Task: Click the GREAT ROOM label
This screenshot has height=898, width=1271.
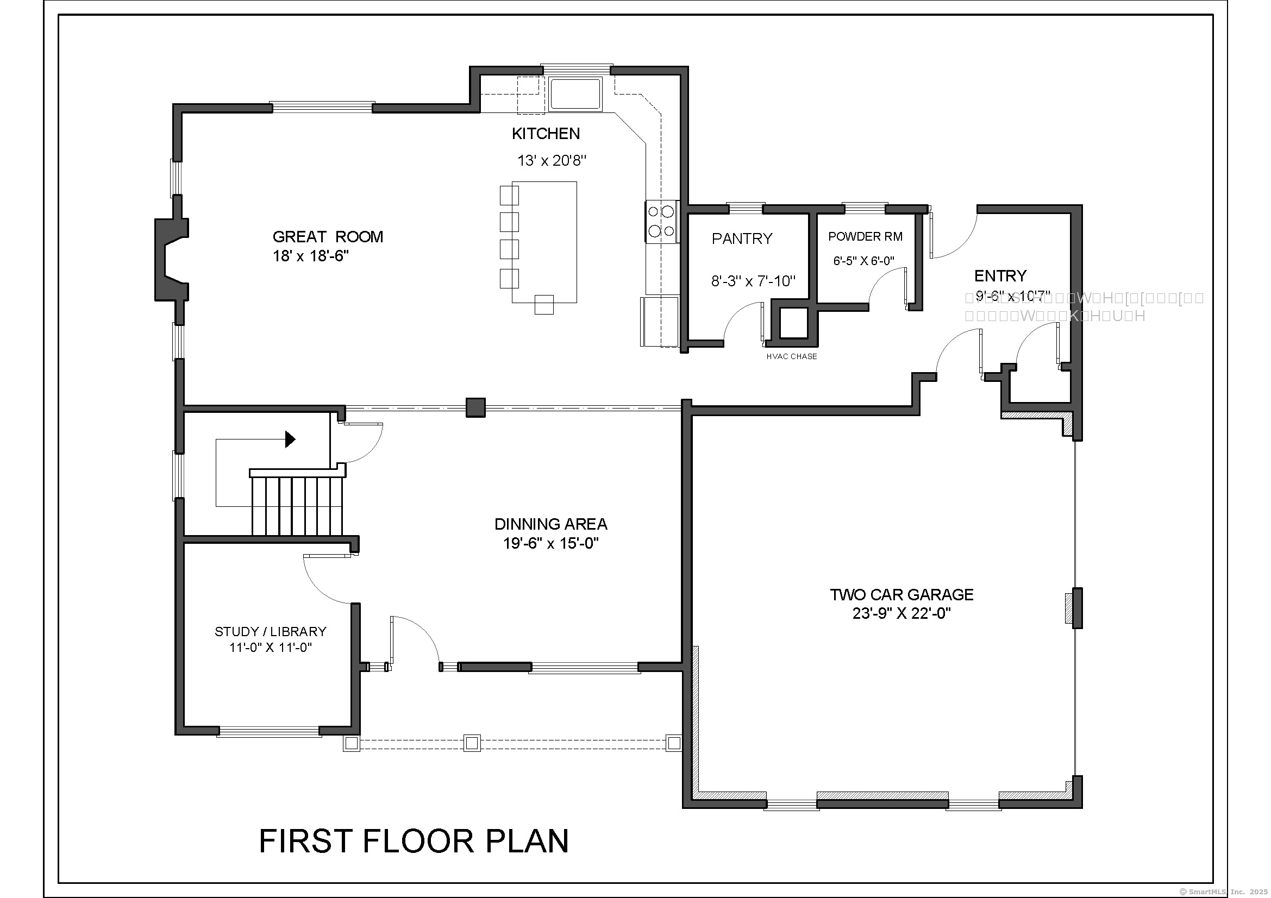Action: [328, 237]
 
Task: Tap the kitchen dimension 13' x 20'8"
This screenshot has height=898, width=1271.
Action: [552, 161]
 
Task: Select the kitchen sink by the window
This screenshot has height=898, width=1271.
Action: [575, 94]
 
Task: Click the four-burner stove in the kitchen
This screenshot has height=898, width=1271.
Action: [661, 221]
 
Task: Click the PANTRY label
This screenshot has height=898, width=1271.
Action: [742, 238]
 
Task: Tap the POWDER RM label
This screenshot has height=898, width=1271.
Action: [865, 237]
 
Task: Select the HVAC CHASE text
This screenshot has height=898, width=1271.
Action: [791, 357]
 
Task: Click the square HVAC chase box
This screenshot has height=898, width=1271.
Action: [794, 323]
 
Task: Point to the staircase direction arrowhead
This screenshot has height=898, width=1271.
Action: [290, 439]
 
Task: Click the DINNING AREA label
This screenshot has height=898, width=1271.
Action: [550, 524]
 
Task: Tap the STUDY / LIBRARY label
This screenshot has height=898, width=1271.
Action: [270, 632]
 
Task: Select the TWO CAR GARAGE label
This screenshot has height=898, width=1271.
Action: [901, 595]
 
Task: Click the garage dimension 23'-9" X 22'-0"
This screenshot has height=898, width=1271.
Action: [901, 613]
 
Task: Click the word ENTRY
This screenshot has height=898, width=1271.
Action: [1000, 275]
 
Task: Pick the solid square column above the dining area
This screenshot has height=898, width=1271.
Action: [475, 408]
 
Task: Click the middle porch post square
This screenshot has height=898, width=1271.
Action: [472, 743]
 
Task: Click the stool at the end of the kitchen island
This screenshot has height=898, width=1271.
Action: [543, 305]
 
